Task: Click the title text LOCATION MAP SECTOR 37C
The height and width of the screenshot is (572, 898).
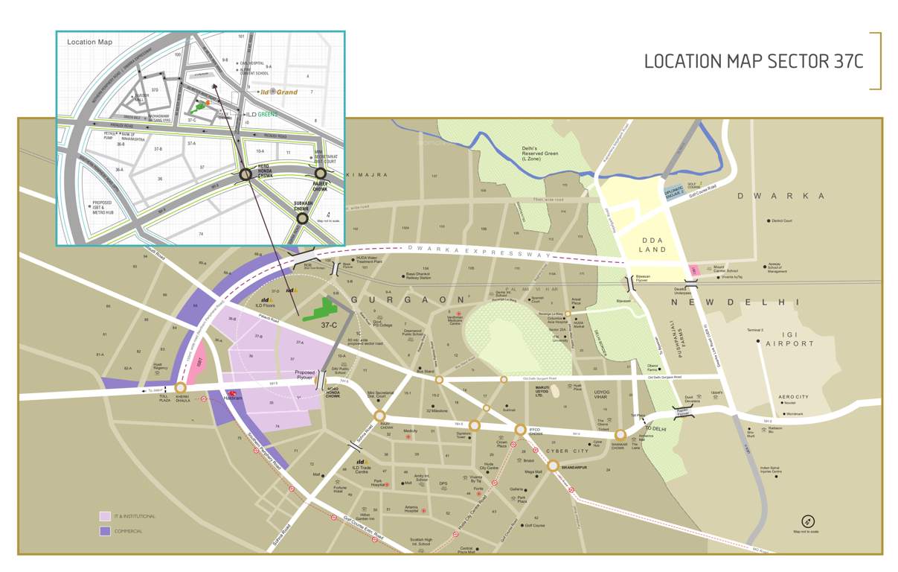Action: pos(753,61)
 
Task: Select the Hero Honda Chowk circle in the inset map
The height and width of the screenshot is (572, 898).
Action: pos(245,175)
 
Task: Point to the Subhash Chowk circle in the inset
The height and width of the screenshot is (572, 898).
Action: pos(302,219)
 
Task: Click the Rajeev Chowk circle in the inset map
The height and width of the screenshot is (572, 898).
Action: pos(321,174)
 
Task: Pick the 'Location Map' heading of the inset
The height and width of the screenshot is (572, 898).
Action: pos(89,42)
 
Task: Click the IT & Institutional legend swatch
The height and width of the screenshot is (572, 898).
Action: pos(106,515)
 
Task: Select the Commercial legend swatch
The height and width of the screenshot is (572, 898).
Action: pos(106,531)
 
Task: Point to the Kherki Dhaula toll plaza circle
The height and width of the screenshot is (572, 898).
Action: pos(180,388)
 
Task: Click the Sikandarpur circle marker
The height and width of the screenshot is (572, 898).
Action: pos(554,465)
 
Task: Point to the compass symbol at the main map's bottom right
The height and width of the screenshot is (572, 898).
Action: pos(808,521)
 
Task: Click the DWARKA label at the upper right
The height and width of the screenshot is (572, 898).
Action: pos(781,196)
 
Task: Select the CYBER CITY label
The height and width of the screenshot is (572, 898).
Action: pos(567,451)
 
